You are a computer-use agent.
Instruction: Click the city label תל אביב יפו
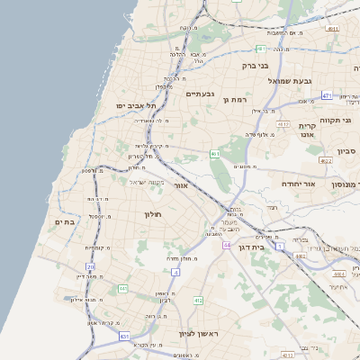[136, 106]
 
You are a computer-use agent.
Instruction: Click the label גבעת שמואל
[289, 81]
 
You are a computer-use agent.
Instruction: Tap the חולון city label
[152, 214]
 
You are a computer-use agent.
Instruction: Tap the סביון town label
[347, 151]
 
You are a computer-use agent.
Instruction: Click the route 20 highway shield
[90, 266]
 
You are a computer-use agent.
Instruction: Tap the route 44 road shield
[228, 245]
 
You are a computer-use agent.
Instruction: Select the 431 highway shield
[123, 335]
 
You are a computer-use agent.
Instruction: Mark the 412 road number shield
[198, 300]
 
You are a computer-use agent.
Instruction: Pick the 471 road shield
[327, 95]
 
